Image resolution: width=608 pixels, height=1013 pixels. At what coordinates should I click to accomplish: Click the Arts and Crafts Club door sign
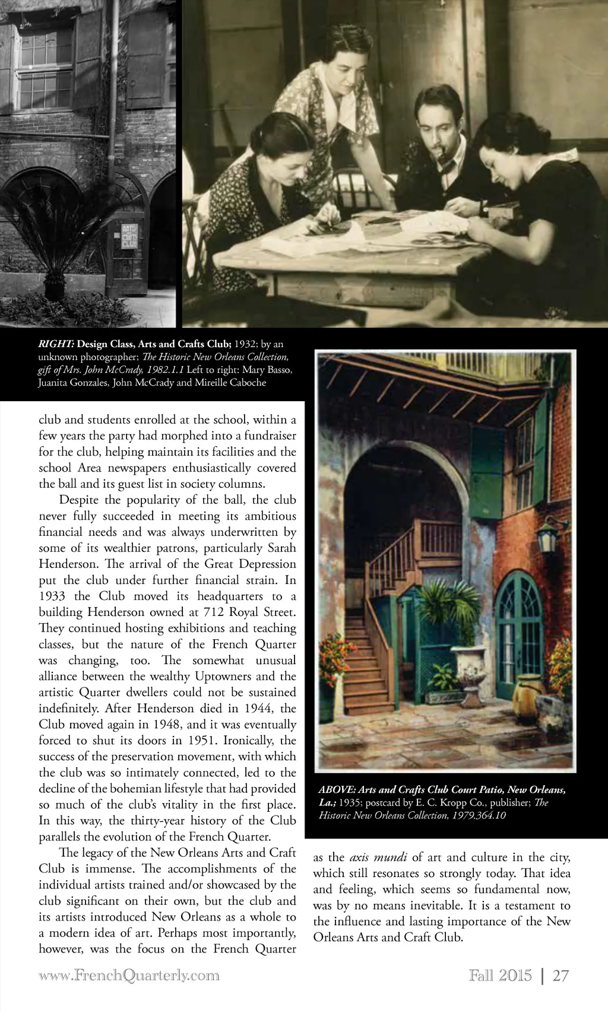pyautogui.click(x=129, y=236)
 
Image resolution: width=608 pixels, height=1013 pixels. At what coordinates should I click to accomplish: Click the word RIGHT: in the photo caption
pyautogui.click(x=56, y=344)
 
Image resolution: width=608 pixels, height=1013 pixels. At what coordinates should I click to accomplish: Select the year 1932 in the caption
pyautogui.click(x=244, y=344)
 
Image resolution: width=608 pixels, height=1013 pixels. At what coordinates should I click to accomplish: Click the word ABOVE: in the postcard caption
pyautogui.click(x=337, y=790)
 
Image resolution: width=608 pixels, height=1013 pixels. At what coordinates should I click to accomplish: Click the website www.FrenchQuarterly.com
pyautogui.click(x=129, y=976)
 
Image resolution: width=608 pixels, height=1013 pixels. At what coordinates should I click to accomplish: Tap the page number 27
pyautogui.click(x=560, y=976)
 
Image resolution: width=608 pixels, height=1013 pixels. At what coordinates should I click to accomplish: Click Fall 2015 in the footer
pyautogui.click(x=500, y=976)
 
